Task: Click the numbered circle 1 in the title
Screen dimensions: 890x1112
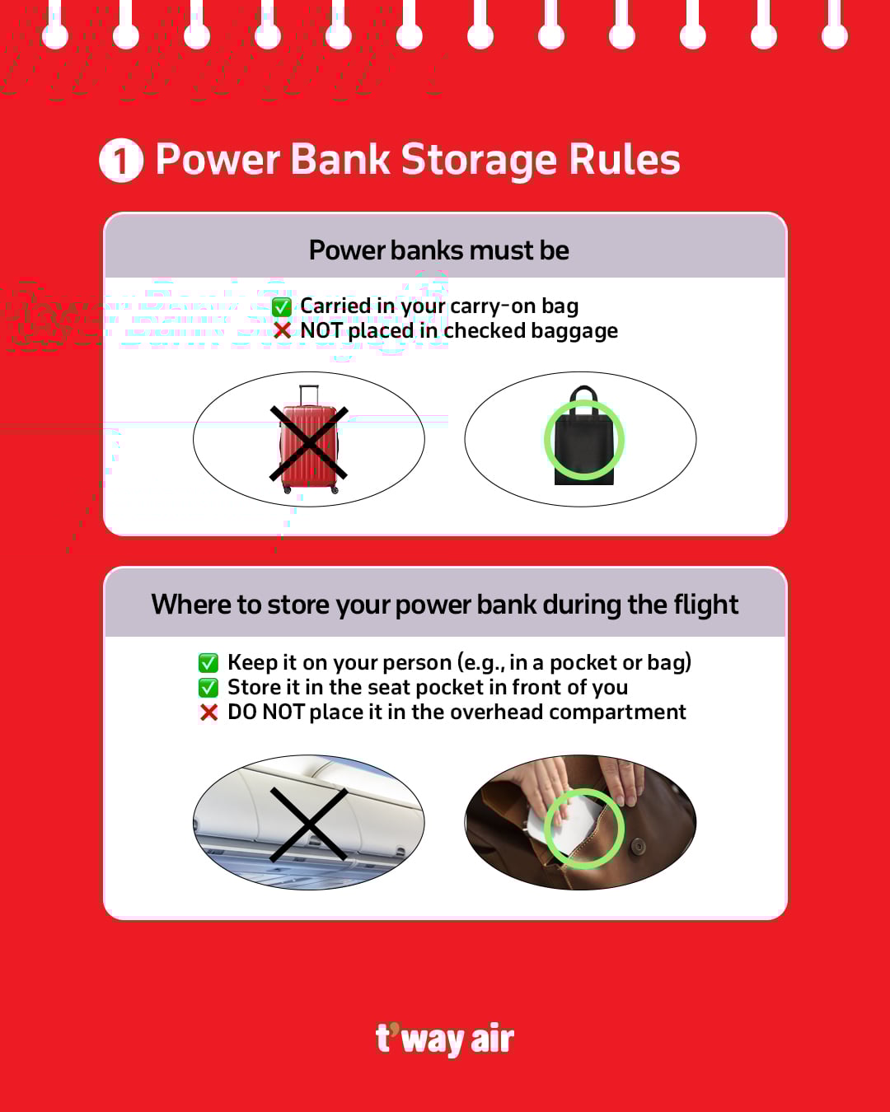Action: (121, 160)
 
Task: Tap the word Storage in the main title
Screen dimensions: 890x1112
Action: (478, 161)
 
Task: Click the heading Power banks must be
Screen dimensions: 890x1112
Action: (439, 250)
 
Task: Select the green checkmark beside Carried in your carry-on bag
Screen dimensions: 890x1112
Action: (282, 307)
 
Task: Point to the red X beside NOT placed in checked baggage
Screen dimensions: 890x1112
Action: (282, 330)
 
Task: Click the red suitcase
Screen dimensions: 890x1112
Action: (309, 439)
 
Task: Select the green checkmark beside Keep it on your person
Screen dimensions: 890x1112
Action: (208, 662)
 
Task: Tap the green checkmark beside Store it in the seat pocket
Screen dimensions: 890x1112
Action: (208, 688)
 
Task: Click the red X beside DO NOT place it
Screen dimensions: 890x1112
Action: (209, 713)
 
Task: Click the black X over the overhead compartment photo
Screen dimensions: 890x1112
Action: (309, 825)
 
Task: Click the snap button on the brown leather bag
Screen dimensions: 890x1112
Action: (639, 846)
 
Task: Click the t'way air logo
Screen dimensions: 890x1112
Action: (445, 1039)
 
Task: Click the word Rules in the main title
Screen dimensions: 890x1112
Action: (625, 160)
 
